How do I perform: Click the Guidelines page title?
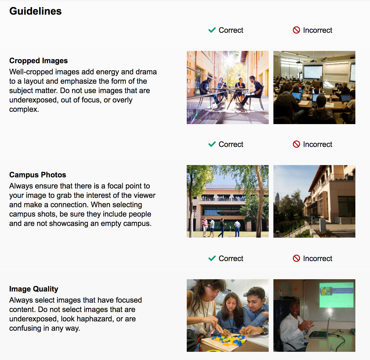[35, 11]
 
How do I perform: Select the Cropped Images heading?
[38, 61]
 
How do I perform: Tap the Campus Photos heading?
[38, 175]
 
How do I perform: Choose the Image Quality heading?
[34, 289]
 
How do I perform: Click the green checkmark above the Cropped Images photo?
[212, 30]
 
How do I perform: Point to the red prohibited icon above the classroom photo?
[296, 30]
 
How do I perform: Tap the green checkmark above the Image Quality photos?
[212, 258]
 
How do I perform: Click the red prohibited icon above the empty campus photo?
[296, 144]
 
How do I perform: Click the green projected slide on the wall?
[336, 295]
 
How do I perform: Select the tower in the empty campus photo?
[277, 199]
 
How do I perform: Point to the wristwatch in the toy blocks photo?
[263, 330]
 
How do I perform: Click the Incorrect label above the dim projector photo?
[318, 258]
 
